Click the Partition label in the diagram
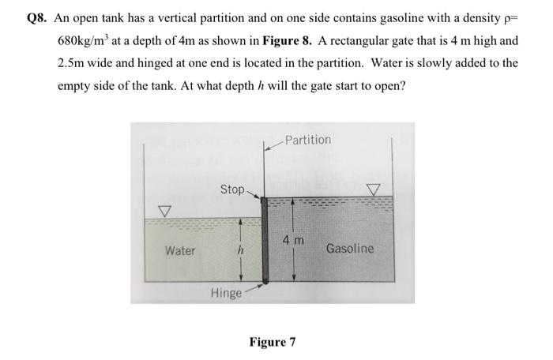(308, 140)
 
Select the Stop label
(232, 189)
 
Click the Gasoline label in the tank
(349, 249)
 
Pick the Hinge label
(225, 294)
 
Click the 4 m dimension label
(294, 239)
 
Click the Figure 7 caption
(273, 342)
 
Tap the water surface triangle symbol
(164, 211)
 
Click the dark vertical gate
(266, 240)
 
